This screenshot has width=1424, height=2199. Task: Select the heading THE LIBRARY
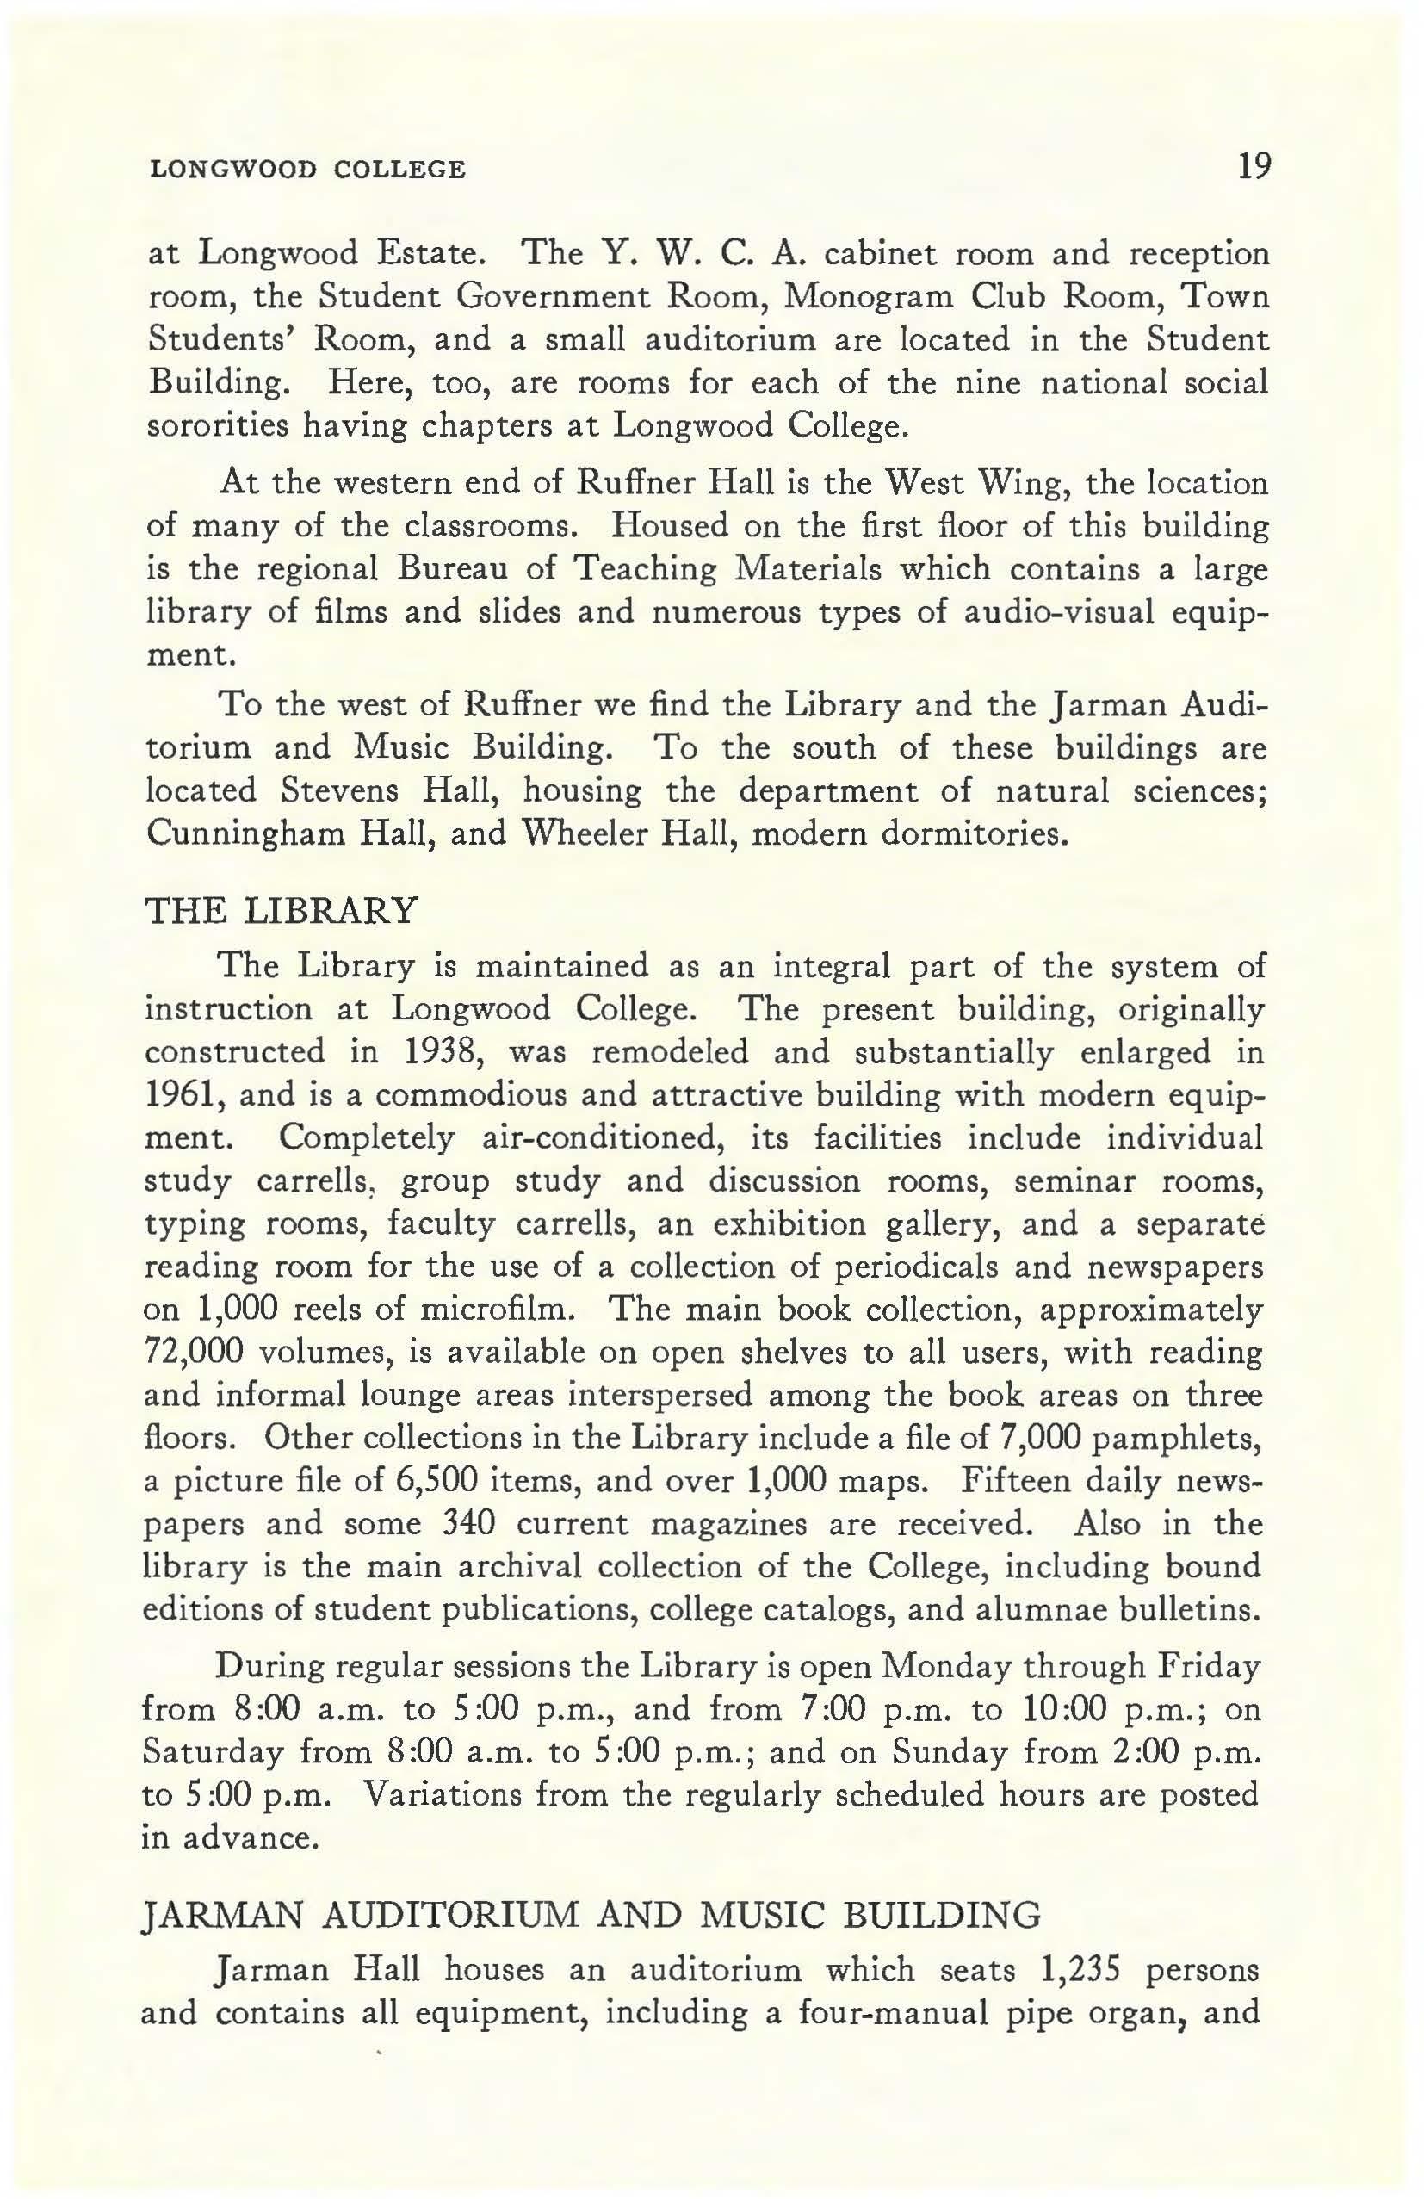[x=282, y=911]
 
